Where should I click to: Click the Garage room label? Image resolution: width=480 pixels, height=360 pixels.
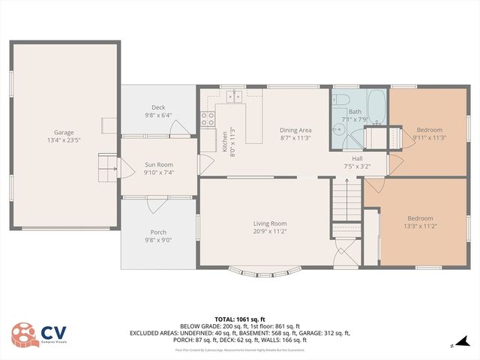click(64, 133)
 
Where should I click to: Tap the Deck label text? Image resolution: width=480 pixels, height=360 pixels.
click(158, 107)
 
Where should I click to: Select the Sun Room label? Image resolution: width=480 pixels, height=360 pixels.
click(158, 164)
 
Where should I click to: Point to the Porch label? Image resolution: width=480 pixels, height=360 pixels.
click(158, 232)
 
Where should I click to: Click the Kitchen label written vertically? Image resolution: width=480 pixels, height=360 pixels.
click(224, 140)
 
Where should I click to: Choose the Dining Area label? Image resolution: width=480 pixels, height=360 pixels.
click(295, 130)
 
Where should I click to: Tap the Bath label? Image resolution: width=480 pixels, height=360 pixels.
click(355, 110)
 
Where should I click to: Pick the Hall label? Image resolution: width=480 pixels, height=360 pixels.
click(358, 157)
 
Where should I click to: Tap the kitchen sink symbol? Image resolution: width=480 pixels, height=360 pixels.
click(235, 95)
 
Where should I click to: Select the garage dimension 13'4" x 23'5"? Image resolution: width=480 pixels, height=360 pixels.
click(64, 140)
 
